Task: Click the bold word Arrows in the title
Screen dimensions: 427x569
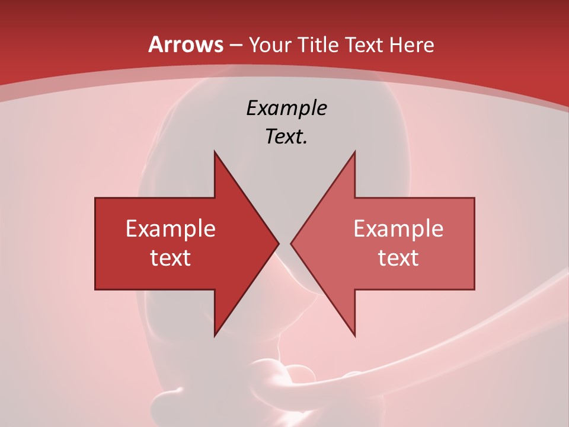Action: pos(186,44)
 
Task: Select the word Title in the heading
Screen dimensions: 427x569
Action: pos(319,44)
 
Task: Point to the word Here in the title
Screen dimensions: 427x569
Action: pos(411,44)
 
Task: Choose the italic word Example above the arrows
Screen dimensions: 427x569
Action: pos(287,109)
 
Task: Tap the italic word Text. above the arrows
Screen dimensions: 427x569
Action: pos(287,137)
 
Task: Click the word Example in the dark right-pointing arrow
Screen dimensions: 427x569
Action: pos(171,229)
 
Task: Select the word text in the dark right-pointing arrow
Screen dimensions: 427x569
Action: pos(171,258)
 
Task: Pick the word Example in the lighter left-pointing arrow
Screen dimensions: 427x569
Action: pos(398,229)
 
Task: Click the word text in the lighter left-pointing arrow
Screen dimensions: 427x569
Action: pos(398,258)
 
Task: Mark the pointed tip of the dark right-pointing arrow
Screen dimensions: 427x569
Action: pos(279,243)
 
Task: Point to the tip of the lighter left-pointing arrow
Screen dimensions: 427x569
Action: pos(291,243)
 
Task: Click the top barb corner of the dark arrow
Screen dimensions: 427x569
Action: pos(215,152)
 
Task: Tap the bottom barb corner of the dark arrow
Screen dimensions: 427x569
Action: pos(215,336)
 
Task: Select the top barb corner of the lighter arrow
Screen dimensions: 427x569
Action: pos(354,152)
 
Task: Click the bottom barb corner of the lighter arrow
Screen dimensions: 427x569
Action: pos(354,336)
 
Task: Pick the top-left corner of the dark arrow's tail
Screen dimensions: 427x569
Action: pos(95,198)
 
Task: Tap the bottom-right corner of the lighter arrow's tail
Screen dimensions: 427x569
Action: pos(474,289)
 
